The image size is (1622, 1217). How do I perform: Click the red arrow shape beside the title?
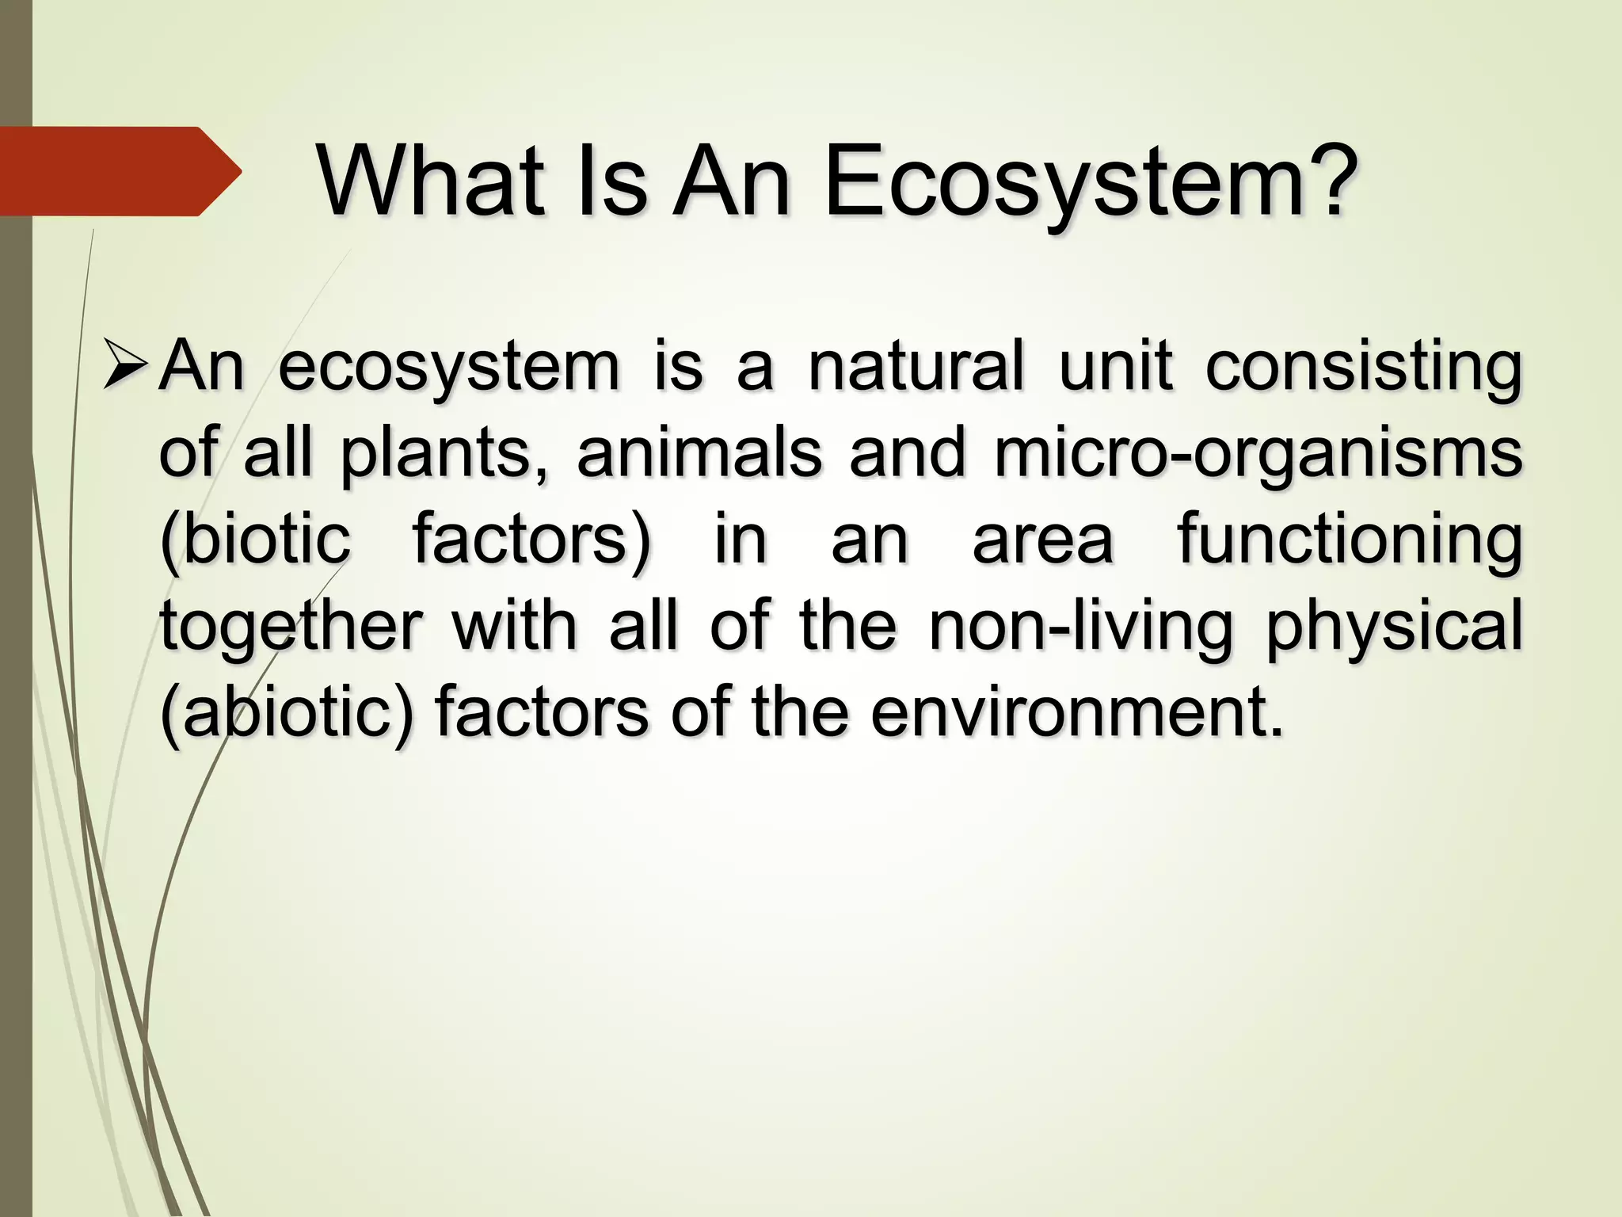tap(119, 171)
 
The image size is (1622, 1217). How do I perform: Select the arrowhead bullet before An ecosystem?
tap(125, 367)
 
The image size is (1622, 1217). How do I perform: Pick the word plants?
tap(444, 454)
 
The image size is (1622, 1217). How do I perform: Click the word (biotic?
tap(255, 540)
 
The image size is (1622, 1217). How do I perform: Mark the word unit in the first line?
tap(1115, 367)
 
